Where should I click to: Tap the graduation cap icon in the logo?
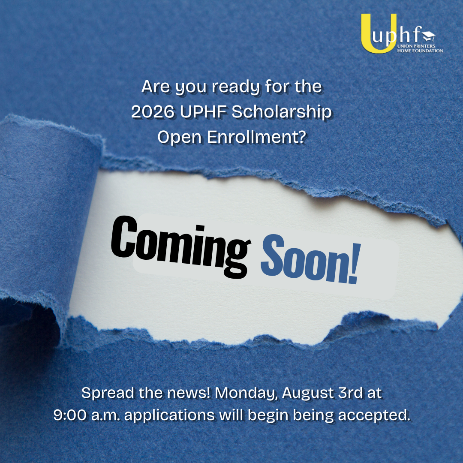click(429, 36)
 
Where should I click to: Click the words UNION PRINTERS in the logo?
click(416, 46)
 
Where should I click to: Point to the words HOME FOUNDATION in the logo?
click(420, 51)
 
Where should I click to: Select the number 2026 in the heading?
click(153, 112)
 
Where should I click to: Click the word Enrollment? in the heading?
click(256, 138)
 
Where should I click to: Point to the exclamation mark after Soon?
click(355, 263)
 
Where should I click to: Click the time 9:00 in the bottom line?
click(70, 415)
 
